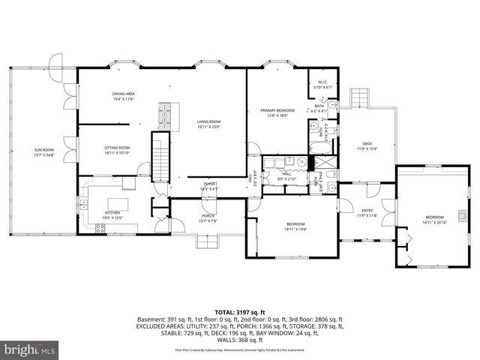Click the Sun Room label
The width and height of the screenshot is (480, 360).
click(x=43, y=150)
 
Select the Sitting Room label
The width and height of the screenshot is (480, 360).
click(x=117, y=148)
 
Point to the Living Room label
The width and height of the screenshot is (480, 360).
click(x=208, y=121)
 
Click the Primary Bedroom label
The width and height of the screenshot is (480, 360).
click(x=277, y=110)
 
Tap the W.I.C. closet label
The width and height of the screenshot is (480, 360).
click(x=321, y=82)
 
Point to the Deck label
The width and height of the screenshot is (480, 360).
click(x=367, y=143)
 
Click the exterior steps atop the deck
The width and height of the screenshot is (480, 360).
click(x=360, y=99)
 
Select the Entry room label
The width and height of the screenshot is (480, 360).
click(x=367, y=211)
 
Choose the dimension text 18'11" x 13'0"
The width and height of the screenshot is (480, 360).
click(x=295, y=229)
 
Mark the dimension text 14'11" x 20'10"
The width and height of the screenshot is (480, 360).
click(x=433, y=222)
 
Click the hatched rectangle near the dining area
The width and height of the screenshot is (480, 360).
click(x=164, y=115)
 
